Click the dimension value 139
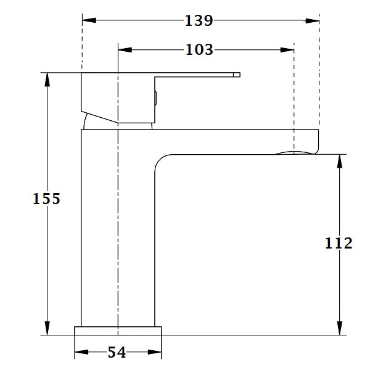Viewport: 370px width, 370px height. coord(199,20)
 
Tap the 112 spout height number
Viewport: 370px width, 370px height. coord(339,243)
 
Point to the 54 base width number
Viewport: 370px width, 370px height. coord(117,352)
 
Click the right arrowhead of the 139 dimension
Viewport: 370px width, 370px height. coord(314,20)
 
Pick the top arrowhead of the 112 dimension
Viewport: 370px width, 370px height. coord(339,160)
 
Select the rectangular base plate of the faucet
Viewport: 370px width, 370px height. coord(118,331)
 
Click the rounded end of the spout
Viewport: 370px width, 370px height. coord(317,141)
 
